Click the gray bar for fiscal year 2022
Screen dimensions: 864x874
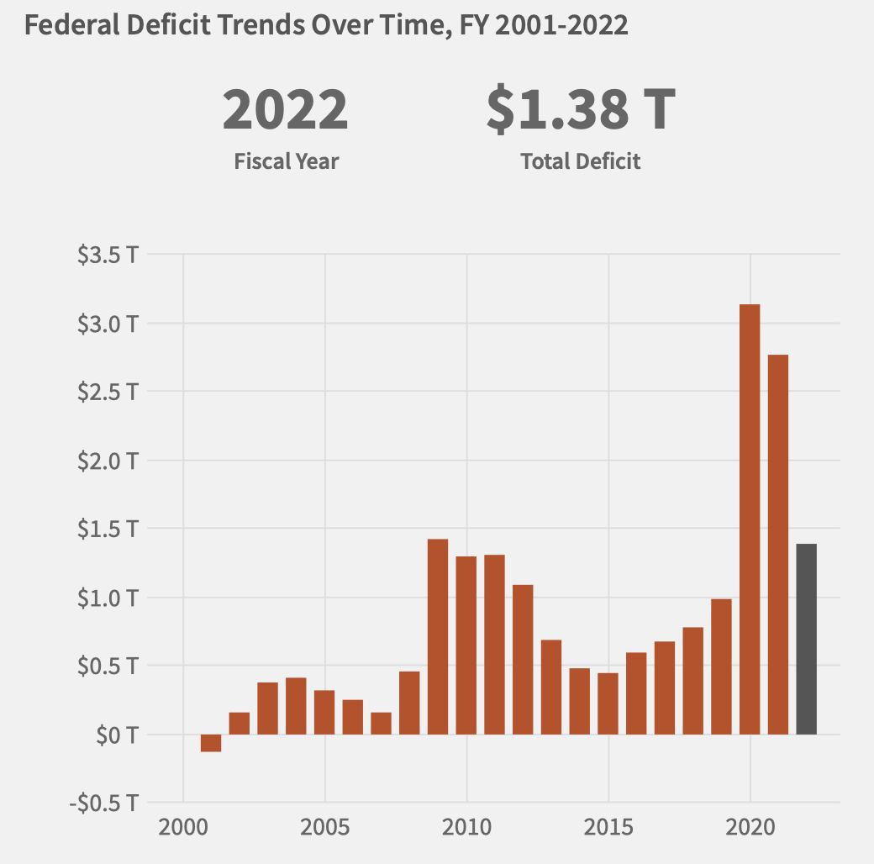pyautogui.click(x=806, y=639)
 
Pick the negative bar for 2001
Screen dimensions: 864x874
pyautogui.click(x=211, y=743)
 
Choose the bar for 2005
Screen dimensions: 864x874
pyautogui.click(x=324, y=712)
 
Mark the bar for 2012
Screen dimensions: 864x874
pyautogui.click(x=523, y=659)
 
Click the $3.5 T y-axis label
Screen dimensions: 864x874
pyautogui.click(x=108, y=255)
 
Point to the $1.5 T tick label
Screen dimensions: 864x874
pyautogui.click(x=108, y=529)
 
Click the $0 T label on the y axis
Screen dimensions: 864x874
pyautogui.click(x=117, y=735)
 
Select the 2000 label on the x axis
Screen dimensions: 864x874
pyautogui.click(x=182, y=827)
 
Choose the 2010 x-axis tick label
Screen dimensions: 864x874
pyautogui.click(x=466, y=827)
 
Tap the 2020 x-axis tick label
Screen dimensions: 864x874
pyautogui.click(x=750, y=827)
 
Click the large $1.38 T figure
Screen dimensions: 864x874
pyautogui.click(x=581, y=111)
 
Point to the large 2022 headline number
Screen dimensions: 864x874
pyautogui.click(x=285, y=111)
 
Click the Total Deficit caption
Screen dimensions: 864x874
pyautogui.click(x=581, y=161)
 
